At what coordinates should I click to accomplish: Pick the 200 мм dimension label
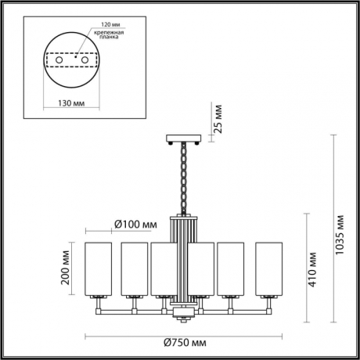tap(66, 269)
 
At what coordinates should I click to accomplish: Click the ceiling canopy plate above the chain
tap(187, 140)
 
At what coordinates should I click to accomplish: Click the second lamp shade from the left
tap(133, 268)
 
